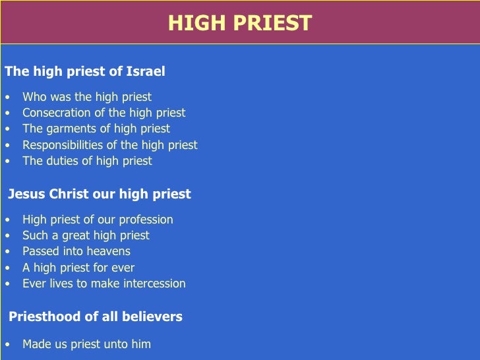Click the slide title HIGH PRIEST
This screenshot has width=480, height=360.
point(239,23)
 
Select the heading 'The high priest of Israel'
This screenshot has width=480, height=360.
point(84,71)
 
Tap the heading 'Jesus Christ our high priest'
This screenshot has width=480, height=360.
point(99,195)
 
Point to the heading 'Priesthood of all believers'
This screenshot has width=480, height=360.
point(95,317)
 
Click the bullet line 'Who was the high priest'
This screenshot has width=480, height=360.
point(87,97)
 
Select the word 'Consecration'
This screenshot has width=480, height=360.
point(56,113)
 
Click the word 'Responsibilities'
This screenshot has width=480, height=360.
point(63,145)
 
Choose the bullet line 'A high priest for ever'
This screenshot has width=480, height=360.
point(78,268)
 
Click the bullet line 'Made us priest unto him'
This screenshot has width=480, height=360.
point(86,344)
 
